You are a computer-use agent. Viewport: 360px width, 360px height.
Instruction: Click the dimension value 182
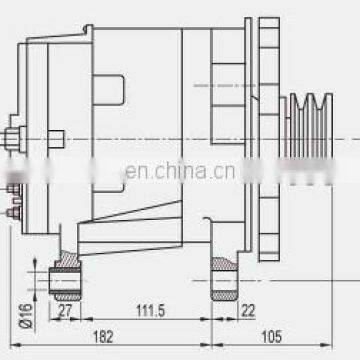pyautogui.click(x=103, y=337)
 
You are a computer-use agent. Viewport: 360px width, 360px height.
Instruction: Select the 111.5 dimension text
pyautogui.click(x=151, y=311)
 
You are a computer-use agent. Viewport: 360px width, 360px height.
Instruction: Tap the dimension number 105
pyautogui.click(x=272, y=337)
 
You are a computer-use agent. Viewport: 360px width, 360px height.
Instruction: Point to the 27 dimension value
pyautogui.click(x=65, y=311)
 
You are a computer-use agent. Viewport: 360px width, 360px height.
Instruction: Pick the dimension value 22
pyautogui.click(x=248, y=311)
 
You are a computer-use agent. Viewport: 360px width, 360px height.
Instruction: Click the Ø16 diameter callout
pyautogui.click(x=27, y=316)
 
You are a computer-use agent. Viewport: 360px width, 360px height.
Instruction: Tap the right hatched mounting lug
pyautogui.click(x=224, y=279)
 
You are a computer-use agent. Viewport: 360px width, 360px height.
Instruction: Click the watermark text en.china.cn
pyautogui.click(x=181, y=172)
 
